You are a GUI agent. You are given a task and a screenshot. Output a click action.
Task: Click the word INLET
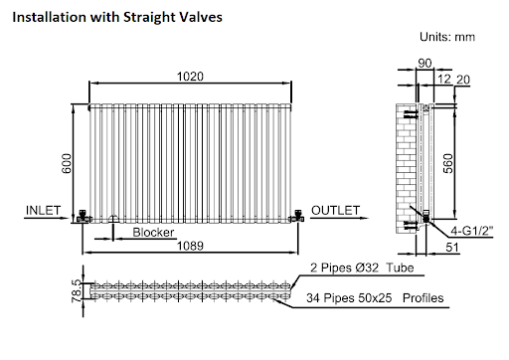(x=44, y=211)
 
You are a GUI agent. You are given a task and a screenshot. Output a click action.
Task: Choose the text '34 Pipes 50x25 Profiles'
(x=375, y=298)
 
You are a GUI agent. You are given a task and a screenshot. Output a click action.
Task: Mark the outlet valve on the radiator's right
(x=297, y=215)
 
